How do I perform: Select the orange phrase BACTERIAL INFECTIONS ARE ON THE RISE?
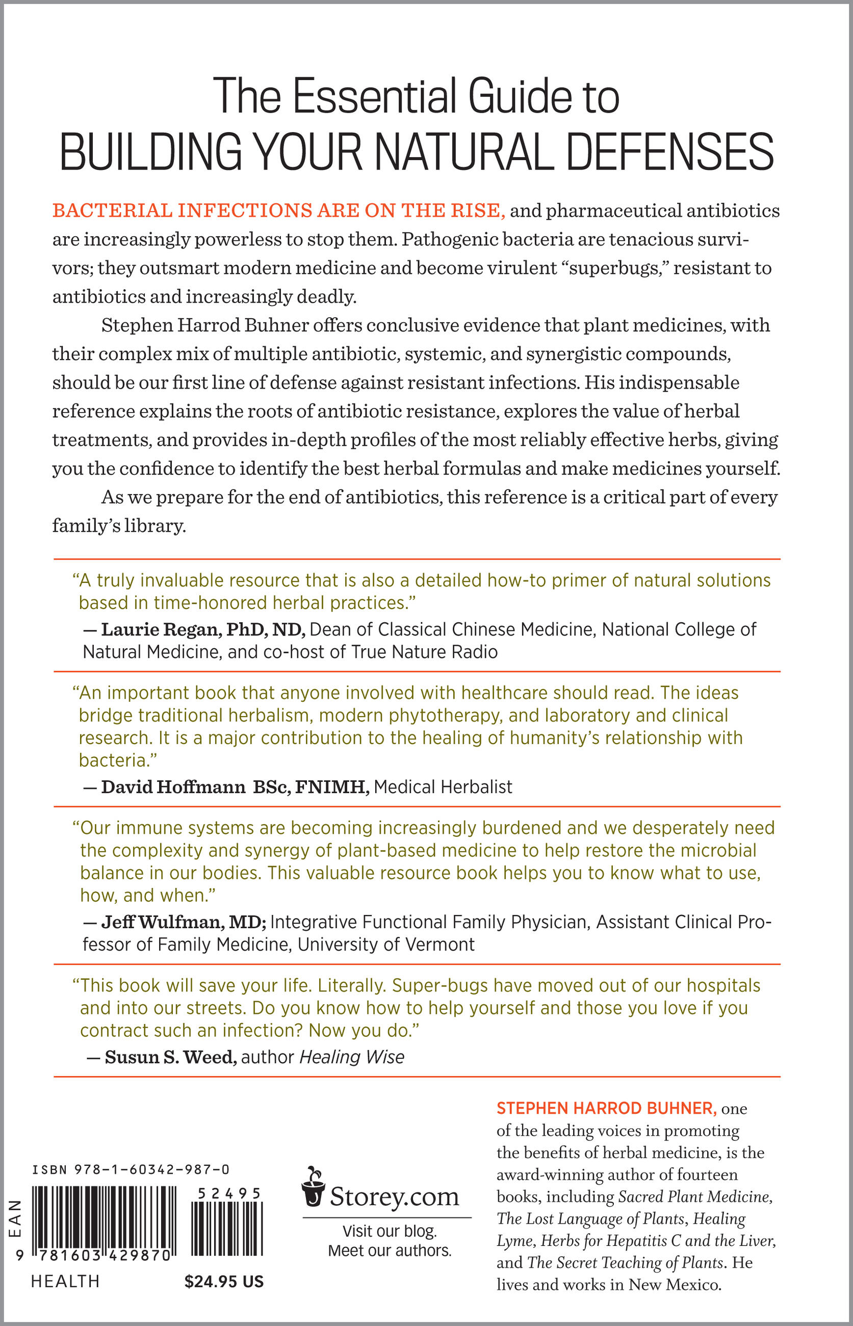pyautogui.click(x=278, y=211)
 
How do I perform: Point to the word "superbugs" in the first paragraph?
pyautogui.click(x=610, y=268)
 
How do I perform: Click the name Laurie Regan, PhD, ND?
pyautogui.click(x=203, y=629)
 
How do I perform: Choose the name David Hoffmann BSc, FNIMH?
pyautogui.click(x=235, y=786)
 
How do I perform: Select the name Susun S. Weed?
pyautogui.click(x=171, y=1057)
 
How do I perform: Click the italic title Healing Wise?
pyautogui.click(x=352, y=1057)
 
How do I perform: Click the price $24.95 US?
pyautogui.click(x=224, y=1282)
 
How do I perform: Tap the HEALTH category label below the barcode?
pyautogui.click(x=65, y=1282)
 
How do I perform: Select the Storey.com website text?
pyautogui.click(x=394, y=1196)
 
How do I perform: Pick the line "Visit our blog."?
pyautogui.click(x=390, y=1231)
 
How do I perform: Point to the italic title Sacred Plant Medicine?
pyautogui.click(x=695, y=1196)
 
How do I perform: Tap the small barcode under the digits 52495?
pyautogui.click(x=226, y=1228)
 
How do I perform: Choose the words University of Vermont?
pyautogui.click(x=385, y=944)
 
